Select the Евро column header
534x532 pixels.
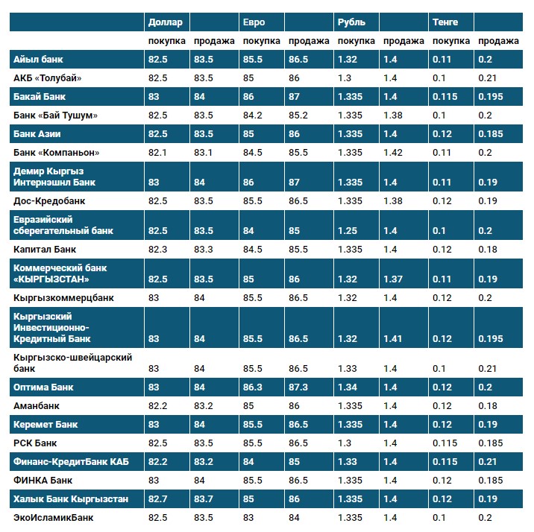click(x=254, y=22)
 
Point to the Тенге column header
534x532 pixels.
click(x=445, y=22)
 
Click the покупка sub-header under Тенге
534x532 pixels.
click(x=451, y=41)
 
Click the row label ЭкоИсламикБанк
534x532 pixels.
click(x=54, y=517)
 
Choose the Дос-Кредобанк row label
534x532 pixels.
click(x=50, y=200)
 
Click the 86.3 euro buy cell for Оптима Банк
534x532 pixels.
click(x=254, y=387)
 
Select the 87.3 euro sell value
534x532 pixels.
click(x=299, y=387)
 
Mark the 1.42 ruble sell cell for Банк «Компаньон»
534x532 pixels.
click(x=392, y=153)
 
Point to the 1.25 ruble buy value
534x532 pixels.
click(x=348, y=231)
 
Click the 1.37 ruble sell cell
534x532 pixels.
click(x=392, y=279)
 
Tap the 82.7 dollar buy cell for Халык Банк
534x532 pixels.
click(x=158, y=498)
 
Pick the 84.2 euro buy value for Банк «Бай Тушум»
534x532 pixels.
click(x=254, y=115)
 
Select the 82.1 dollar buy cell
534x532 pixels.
click(x=158, y=153)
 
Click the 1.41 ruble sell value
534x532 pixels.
click(x=392, y=339)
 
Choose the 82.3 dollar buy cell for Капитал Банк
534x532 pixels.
click(x=158, y=250)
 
